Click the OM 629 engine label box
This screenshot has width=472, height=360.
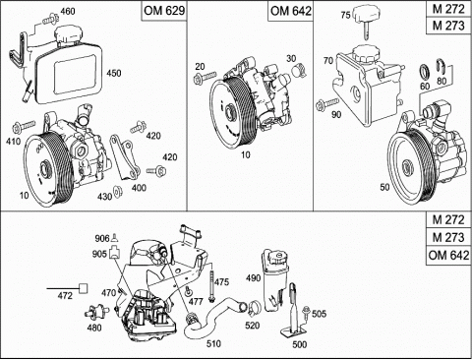[164, 11]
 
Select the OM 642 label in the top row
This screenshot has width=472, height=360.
[290, 11]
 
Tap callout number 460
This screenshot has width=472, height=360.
[68, 12]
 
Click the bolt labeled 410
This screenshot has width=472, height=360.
[24, 127]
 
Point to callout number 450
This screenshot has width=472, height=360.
[114, 73]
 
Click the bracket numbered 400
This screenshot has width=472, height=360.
[125, 156]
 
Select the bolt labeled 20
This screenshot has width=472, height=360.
[205, 78]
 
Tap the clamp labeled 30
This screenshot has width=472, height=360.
[299, 70]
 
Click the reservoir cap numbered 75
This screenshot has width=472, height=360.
[366, 20]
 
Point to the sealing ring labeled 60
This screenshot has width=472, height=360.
[425, 72]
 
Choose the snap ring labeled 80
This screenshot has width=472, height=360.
[442, 67]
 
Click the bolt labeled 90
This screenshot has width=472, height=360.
[327, 104]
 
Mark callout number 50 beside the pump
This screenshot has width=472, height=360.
[384, 187]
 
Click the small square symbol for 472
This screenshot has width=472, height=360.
[84, 288]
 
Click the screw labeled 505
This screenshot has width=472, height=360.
[307, 312]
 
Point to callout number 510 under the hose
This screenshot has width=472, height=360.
[213, 343]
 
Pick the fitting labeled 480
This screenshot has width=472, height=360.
[97, 311]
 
